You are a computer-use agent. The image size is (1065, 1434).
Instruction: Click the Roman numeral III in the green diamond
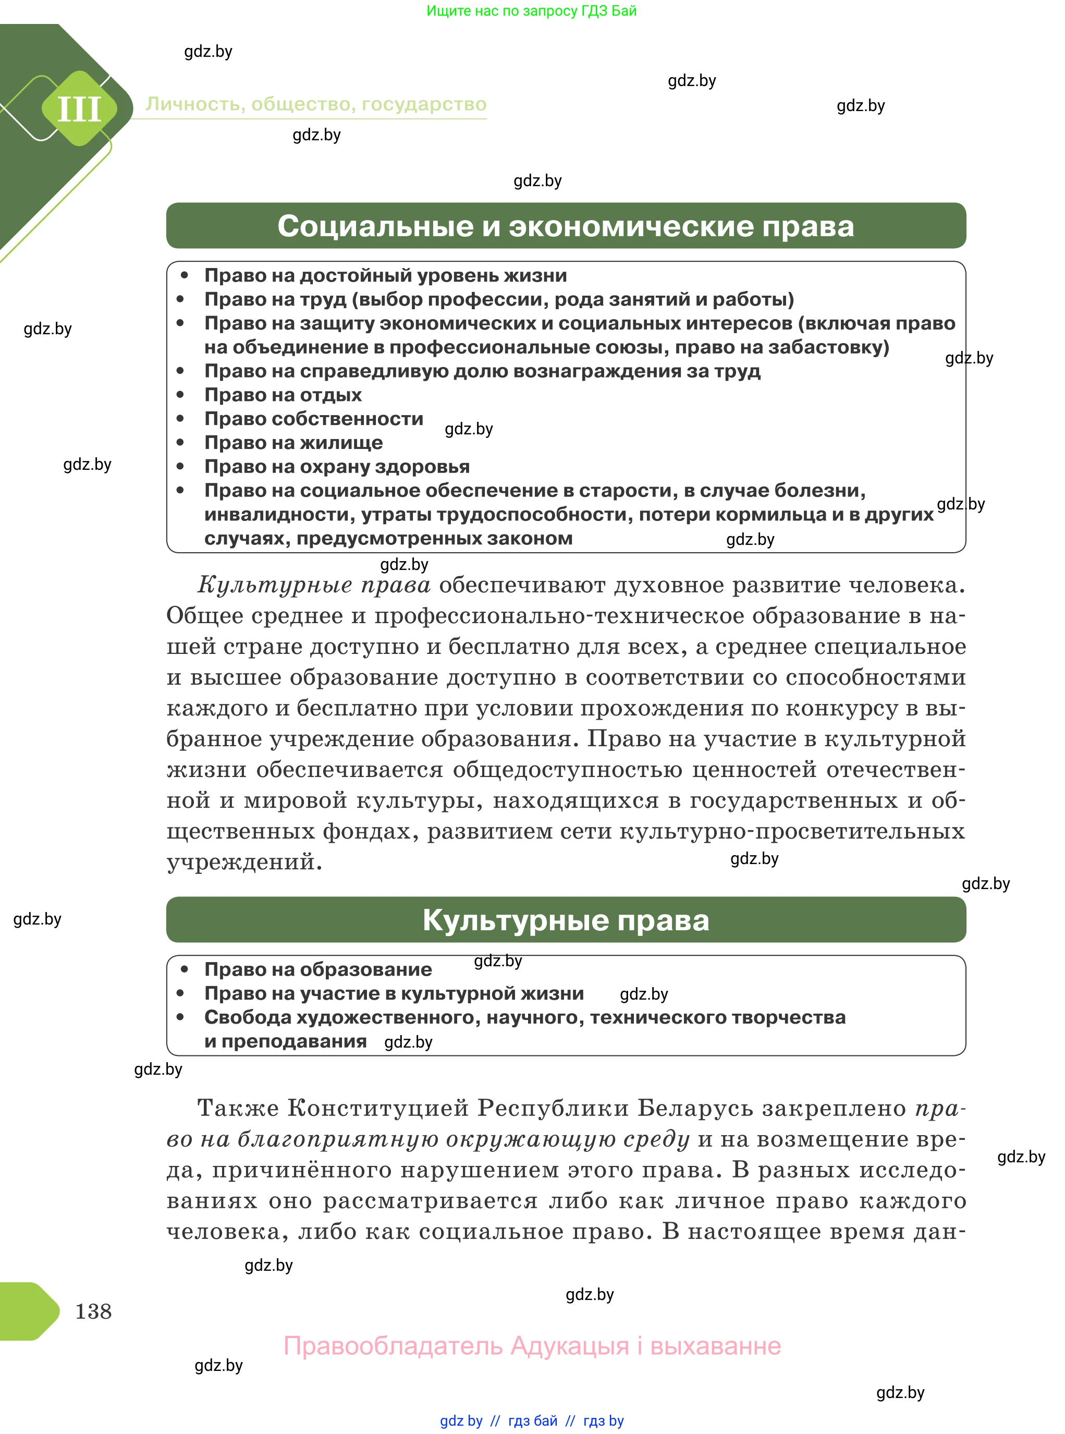79,108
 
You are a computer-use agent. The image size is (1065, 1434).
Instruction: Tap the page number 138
93,1311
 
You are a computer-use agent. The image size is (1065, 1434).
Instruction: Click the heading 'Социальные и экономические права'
566,226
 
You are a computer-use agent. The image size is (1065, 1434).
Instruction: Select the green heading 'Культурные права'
566,920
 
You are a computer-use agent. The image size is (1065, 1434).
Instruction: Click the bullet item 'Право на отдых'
283,395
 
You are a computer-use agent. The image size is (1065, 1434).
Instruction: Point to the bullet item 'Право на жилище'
293,442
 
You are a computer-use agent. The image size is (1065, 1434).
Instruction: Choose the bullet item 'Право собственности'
313,418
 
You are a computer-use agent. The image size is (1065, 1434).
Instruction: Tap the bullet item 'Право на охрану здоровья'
337,466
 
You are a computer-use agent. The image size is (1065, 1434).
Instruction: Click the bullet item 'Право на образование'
318,969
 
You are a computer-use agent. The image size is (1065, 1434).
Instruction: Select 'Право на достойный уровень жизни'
386,275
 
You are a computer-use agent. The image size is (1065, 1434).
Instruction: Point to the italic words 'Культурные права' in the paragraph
314,585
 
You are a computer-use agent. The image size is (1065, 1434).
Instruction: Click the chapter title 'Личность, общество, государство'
316,104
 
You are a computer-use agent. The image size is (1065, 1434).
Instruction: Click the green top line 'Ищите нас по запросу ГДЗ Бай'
531,10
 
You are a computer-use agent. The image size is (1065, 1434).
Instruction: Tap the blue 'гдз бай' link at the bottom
533,1420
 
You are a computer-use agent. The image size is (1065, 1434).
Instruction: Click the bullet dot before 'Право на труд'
180,299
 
